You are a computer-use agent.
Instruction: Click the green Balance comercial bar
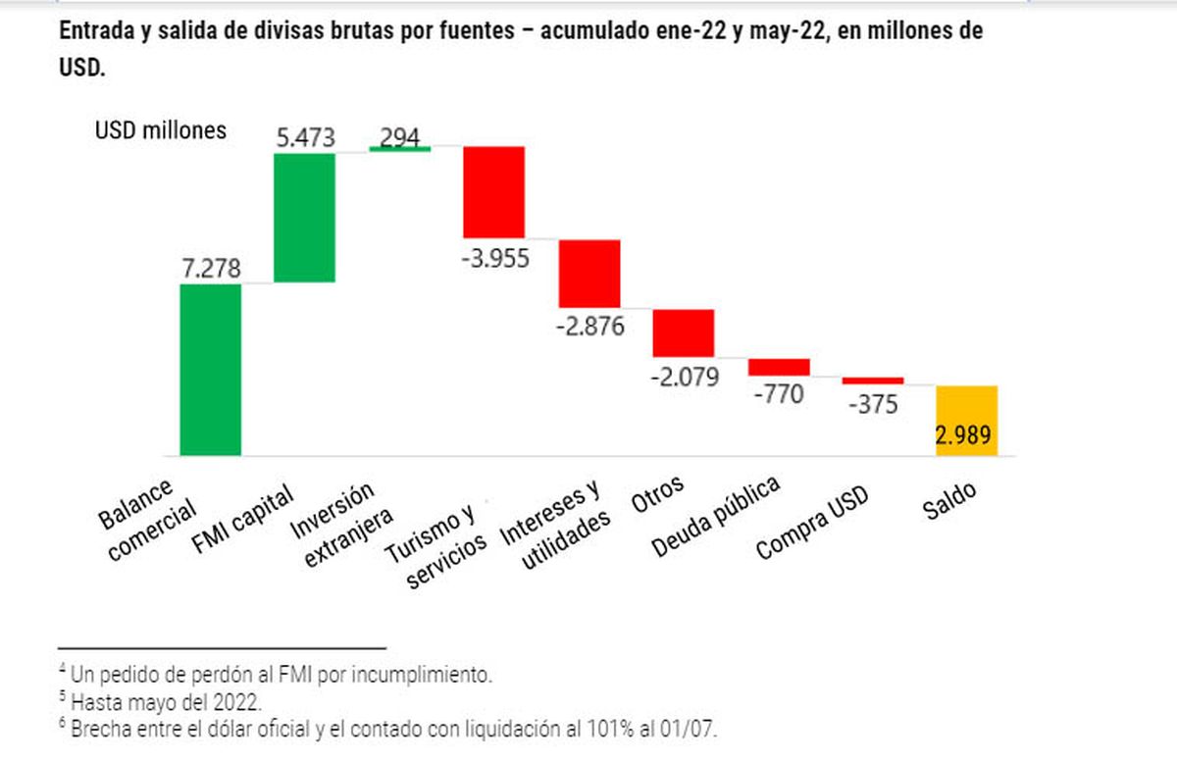pyautogui.click(x=211, y=370)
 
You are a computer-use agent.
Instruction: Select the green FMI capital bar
pyautogui.click(x=305, y=218)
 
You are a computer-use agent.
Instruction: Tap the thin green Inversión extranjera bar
pyautogui.click(x=399, y=148)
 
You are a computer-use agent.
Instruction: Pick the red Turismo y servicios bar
pyautogui.click(x=494, y=192)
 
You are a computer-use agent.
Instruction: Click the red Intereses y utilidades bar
pyautogui.click(x=589, y=274)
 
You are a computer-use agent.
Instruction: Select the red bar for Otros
pyautogui.click(x=684, y=333)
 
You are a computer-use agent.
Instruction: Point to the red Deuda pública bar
pyautogui.click(x=779, y=367)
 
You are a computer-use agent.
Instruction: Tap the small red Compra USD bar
pyautogui.click(x=873, y=380)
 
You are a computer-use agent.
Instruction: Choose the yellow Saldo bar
pyautogui.click(x=967, y=420)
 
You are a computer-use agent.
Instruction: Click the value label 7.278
pyautogui.click(x=210, y=268)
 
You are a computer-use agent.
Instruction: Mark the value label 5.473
pyautogui.click(x=305, y=138)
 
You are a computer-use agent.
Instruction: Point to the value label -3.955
pyautogui.click(x=494, y=259)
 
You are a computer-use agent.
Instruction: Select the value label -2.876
pyautogui.click(x=588, y=327)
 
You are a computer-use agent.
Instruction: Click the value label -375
pyautogui.click(x=872, y=404)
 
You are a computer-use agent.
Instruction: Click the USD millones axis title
pyautogui.click(x=161, y=130)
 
